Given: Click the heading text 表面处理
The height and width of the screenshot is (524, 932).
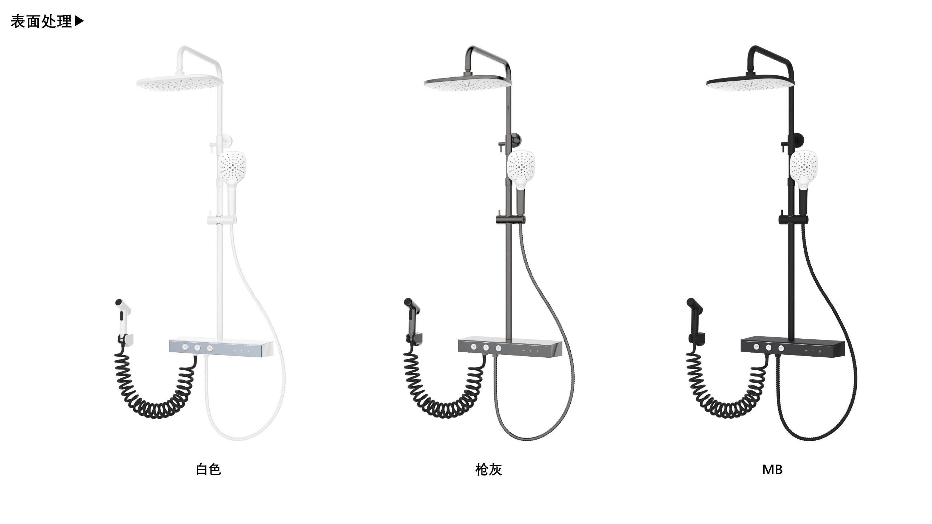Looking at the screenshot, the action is tap(41, 22).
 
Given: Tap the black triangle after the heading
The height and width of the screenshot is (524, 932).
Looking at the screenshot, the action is tap(79, 21).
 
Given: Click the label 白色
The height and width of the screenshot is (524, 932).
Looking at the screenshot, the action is tap(208, 470).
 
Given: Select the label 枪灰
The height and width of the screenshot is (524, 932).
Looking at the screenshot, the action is tap(489, 470).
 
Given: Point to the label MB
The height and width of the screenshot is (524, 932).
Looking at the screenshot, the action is tap(772, 470).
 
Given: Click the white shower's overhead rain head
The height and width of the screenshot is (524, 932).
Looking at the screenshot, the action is tap(180, 83).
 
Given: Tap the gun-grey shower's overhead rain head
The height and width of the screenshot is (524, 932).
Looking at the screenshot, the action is tap(468, 83).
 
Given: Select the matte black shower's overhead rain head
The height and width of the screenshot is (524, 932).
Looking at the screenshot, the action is tap(750, 83).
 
